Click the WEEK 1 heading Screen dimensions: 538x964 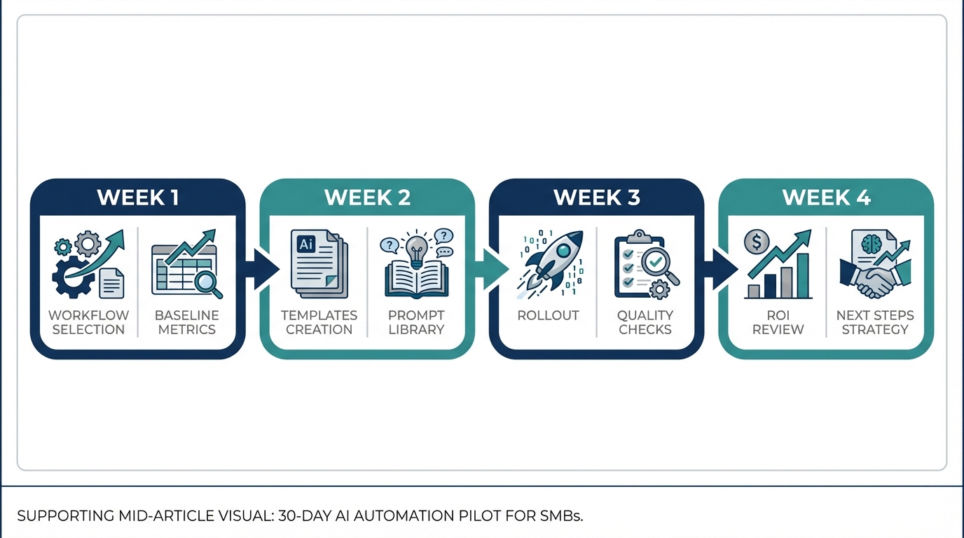tap(137, 198)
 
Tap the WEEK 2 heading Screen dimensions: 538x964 tap(367, 198)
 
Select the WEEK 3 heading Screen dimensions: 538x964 tap(596, 198)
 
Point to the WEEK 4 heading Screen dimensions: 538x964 tap(826, 198)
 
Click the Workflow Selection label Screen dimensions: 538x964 tap(88, 322)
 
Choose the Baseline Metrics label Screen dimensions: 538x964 tap(186, 322)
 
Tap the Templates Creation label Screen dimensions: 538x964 tap(319, 322)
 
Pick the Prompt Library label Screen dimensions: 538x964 tap(416, 322)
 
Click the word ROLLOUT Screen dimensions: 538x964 tap(548, 315)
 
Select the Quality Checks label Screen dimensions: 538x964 tap(645, 322)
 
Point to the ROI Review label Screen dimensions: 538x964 tap(778, 322)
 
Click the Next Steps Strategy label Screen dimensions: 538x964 tap(875, 322)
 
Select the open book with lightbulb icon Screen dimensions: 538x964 tap(416, 270)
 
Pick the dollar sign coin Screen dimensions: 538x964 tap(757, 242)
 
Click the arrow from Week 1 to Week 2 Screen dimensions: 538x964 tap(264, 269)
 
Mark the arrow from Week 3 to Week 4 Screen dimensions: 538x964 tap(723, 269)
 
